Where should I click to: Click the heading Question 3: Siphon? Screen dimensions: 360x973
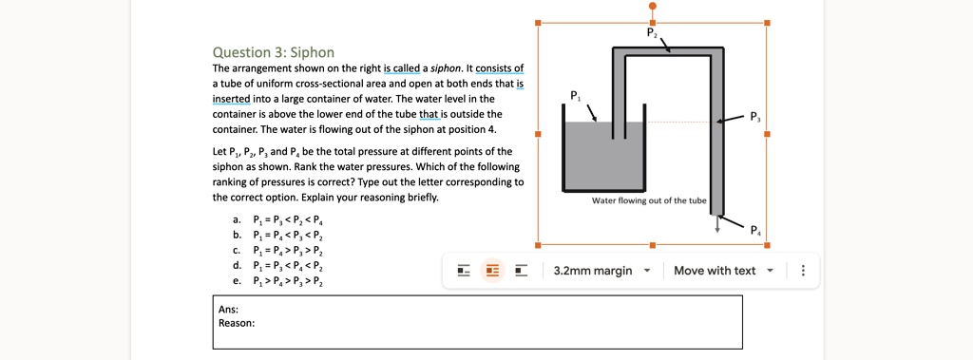[273, 51]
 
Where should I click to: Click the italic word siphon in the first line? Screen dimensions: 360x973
[447, 69]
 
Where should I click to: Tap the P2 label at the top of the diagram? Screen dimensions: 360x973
[651, 32]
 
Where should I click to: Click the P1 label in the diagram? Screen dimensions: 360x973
[573, 96]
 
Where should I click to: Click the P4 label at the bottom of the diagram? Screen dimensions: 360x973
[754, 229]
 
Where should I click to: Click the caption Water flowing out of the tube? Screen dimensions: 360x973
[649, 200]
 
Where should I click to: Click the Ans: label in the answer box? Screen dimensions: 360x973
[228, 309]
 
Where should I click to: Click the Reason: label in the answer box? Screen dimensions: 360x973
[237, 323]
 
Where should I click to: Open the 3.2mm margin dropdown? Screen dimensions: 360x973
[601, 271]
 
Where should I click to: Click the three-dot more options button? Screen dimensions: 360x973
[804, 271]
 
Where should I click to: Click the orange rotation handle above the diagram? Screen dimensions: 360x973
[652, 6]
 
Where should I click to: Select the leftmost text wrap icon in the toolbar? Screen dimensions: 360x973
[464, 271]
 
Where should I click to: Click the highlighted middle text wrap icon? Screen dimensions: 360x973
[491, 271]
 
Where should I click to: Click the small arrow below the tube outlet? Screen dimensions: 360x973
[717, 225]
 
